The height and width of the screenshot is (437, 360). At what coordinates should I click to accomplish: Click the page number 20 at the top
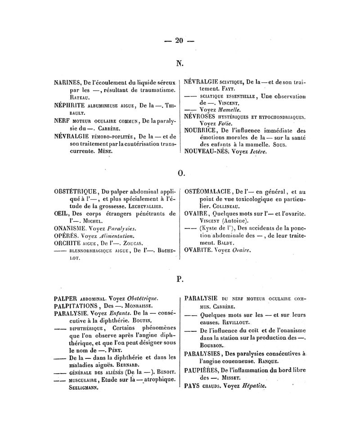tap(180, 41)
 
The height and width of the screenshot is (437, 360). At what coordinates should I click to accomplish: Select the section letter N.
tap(180, 63)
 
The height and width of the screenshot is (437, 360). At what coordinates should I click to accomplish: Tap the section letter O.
tap(180, 172)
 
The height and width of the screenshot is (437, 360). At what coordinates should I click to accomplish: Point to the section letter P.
tap(180, 280)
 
